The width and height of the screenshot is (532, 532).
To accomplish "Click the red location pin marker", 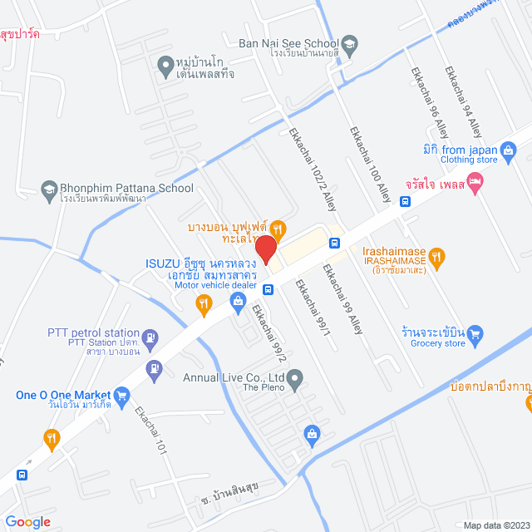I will pos(265,249).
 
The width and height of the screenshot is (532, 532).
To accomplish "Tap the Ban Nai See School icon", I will pos(350,43).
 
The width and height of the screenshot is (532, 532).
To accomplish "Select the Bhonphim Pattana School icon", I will pos(49,189).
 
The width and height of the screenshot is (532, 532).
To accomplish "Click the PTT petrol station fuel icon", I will pos(150,337).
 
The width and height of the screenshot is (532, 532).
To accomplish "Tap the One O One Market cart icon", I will pos(123,395).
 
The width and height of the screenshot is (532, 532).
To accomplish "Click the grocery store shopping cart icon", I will pos(475,334).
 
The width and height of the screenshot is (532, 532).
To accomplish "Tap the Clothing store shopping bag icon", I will pos(509,150).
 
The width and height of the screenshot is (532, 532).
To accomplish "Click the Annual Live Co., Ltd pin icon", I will pos(295,380).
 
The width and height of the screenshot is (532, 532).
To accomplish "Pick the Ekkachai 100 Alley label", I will pos(370,164).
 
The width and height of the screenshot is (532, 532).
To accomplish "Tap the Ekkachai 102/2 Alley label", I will pos(313,170).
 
